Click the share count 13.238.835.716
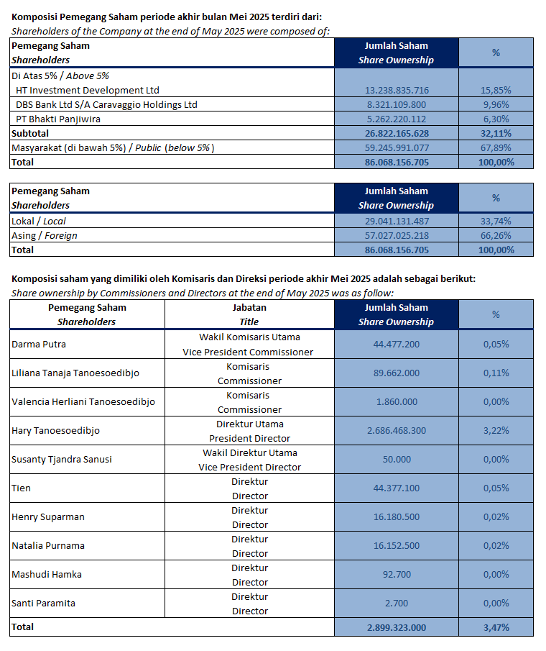pos(397,90)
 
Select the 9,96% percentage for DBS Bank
pos(496,104)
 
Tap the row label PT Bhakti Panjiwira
pos(58,119)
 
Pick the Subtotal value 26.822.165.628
pos(397,133)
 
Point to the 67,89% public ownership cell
pos(496,147)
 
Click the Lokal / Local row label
pos(39,222)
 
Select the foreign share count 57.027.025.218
pos(397,235)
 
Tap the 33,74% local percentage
pos(496,222)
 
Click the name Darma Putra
pos(39,344)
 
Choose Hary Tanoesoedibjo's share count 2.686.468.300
pos(397,431)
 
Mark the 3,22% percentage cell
pos(496,431)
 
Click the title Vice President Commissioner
pos(248,352)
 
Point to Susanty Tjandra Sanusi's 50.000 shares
pos(397,459)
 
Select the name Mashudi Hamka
pos(47,574)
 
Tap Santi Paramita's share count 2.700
pos(397,603)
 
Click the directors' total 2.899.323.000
pos(397,627)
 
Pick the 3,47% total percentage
pos(496,627)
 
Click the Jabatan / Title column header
pos(249,314)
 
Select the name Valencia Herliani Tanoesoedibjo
pos(83,402)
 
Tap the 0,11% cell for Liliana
pos(496,373)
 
